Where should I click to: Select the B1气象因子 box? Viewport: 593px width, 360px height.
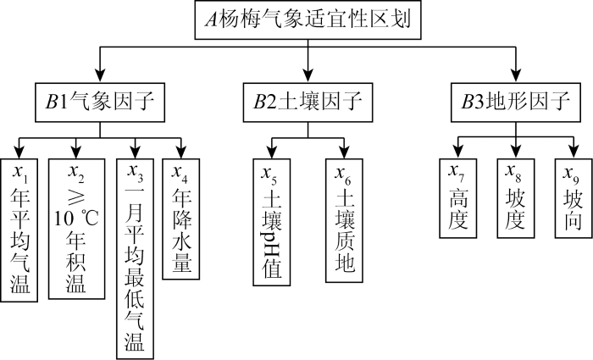point(100,103)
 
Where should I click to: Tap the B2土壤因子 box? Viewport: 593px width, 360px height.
point(308,103)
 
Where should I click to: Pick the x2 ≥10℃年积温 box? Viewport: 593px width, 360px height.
point(76,229)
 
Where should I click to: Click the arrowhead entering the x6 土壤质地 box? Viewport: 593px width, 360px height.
point(345,152)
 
